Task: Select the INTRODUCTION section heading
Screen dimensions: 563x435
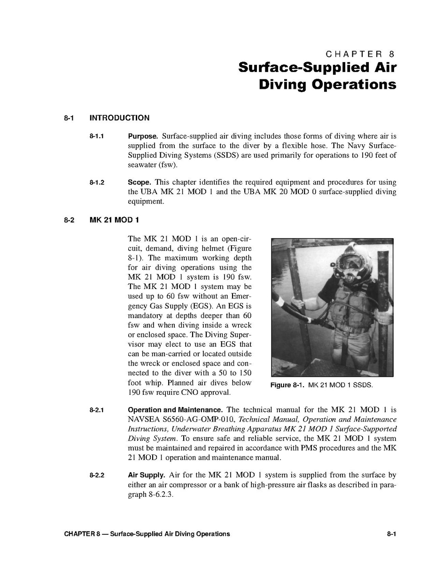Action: tap(119, 118)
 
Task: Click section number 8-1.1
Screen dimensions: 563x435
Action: tap(96, 137)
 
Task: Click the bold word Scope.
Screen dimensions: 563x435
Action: tap(139, 182)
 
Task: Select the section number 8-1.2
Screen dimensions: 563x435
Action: tap(96, 182)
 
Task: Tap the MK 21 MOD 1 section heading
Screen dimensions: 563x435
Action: tap(114, 220)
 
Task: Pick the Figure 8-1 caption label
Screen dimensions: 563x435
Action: tap(287, 385)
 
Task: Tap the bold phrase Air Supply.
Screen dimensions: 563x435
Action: tap(146, 475)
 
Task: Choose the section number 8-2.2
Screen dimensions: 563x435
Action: tap(96, 475)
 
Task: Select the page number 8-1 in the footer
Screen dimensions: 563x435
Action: tap(392, 534)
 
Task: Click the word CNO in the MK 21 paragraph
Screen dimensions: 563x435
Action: tap(188, 392)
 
